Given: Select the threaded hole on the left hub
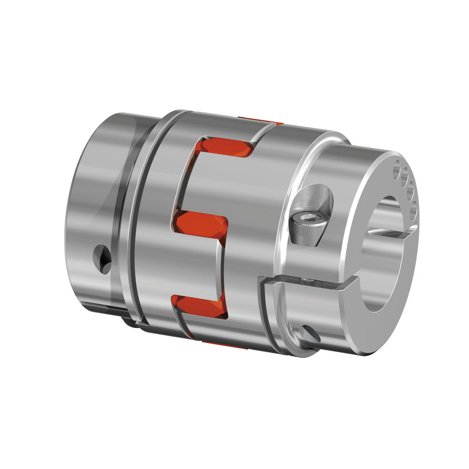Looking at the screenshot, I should [x=102, y=258].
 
